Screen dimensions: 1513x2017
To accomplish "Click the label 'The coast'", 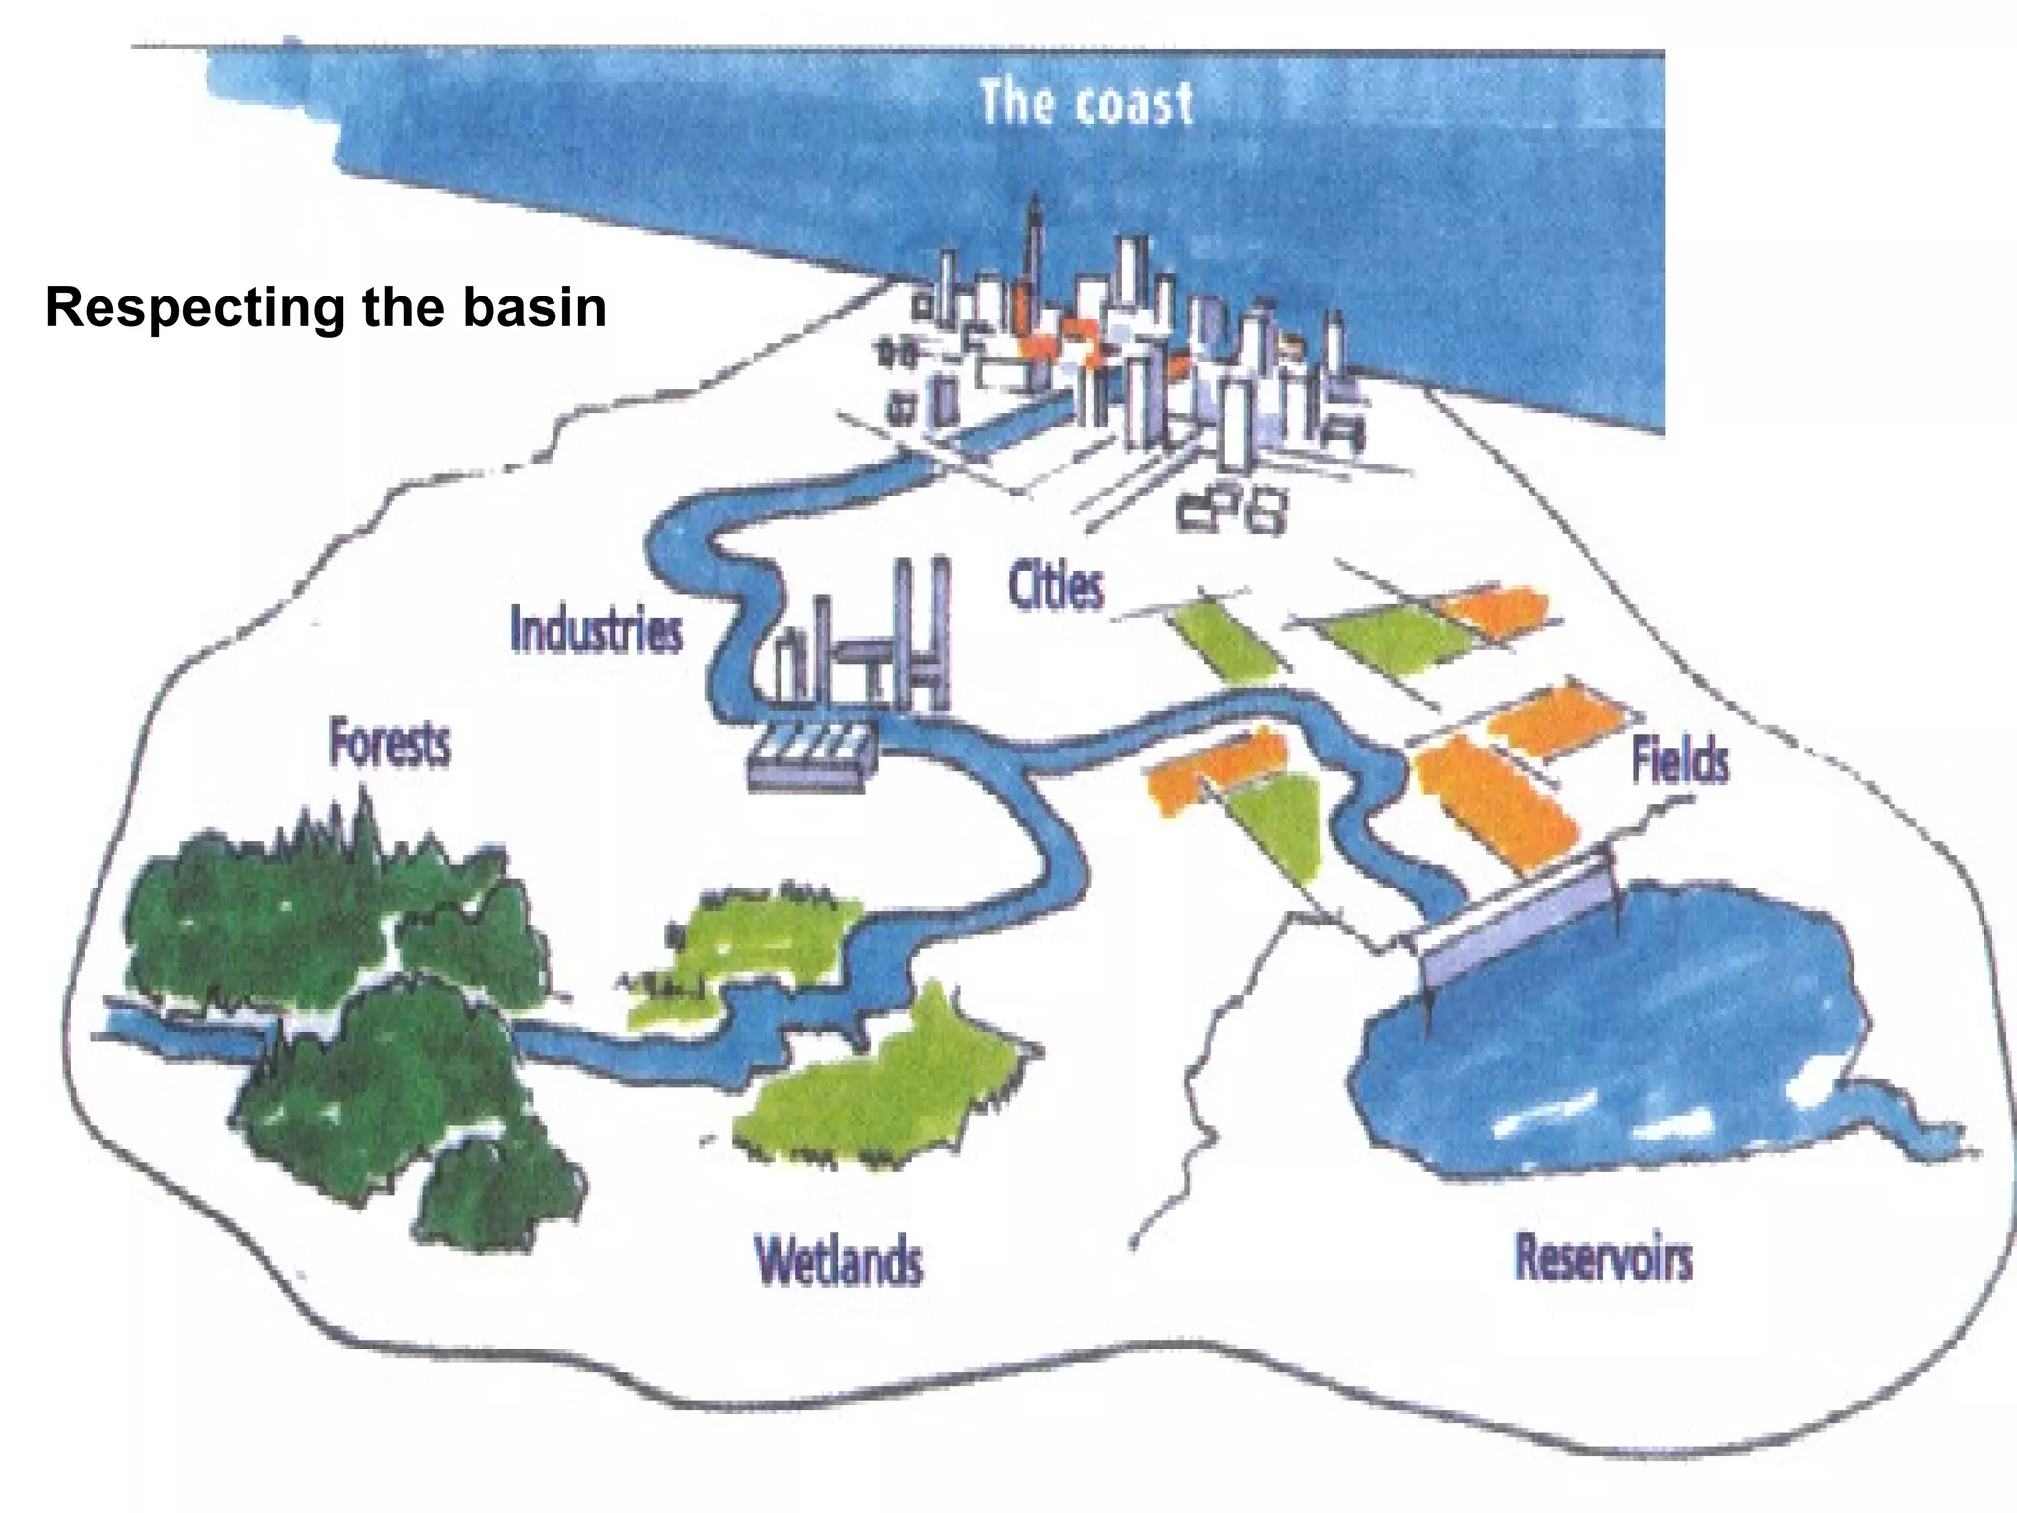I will coord(1085,103).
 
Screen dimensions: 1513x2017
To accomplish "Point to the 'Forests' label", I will coord(390,744).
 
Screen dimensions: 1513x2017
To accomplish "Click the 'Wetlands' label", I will coord(839,1261).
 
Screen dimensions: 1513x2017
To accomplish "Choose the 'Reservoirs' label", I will coord(1603,1258).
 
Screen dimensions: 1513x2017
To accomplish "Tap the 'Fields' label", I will coord(1680,761).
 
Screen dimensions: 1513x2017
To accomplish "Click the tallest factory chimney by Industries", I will coord(940,630).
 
